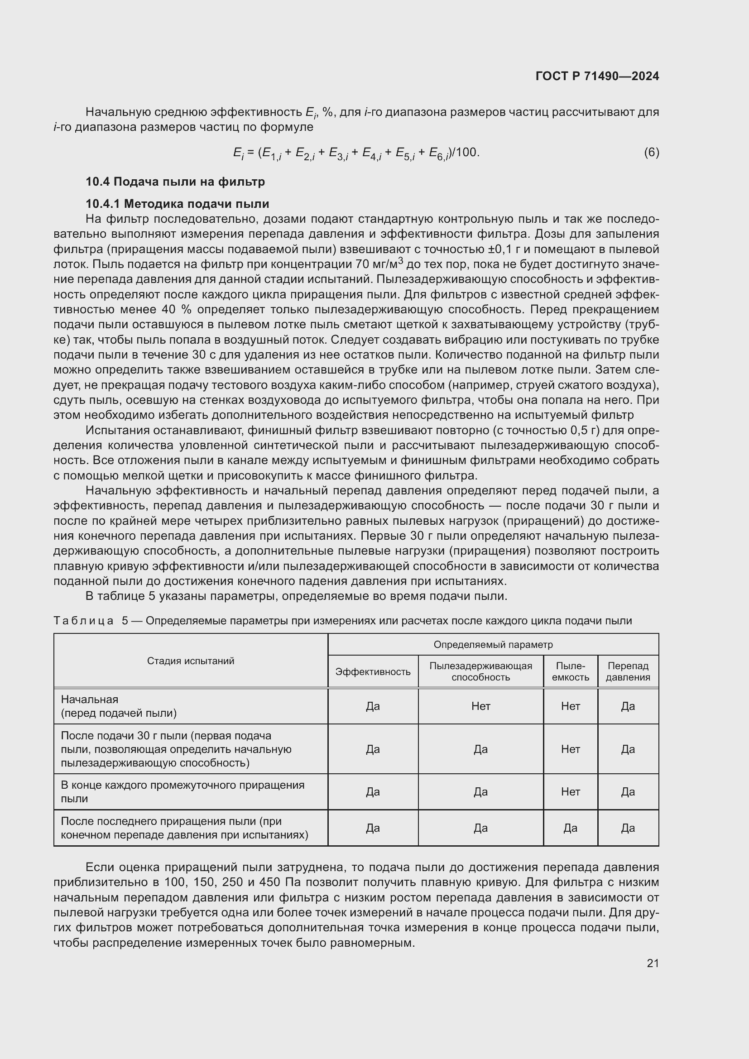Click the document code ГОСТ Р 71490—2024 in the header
[597, 76]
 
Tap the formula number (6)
[651, 152]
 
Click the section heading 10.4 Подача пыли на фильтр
[175, 182]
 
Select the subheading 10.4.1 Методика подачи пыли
[177, 204]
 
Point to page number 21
[652, 963]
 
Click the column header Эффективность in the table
[373, 671]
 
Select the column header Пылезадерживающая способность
[480, 671]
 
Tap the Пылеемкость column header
[570, 671]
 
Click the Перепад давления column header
[628, 671]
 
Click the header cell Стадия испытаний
[191, 661]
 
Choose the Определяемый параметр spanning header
[493, 645]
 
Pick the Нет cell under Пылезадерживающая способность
[480, 706]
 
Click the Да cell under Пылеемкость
[570, 828]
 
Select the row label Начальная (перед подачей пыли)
[119, 706]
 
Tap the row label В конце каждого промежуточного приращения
[182, 791]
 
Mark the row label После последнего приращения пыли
[184, 828]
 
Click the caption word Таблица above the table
[83, 621]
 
